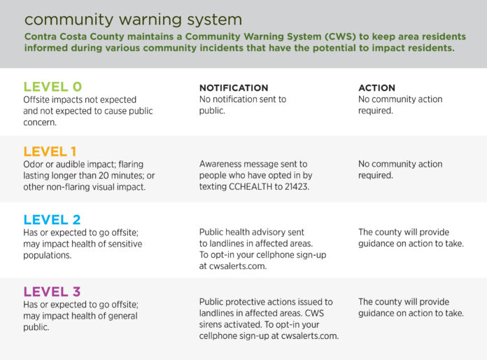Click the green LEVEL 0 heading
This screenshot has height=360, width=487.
52,87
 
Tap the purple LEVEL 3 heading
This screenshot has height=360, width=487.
52,291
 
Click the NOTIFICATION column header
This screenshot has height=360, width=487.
234,88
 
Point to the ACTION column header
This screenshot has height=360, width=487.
376,88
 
